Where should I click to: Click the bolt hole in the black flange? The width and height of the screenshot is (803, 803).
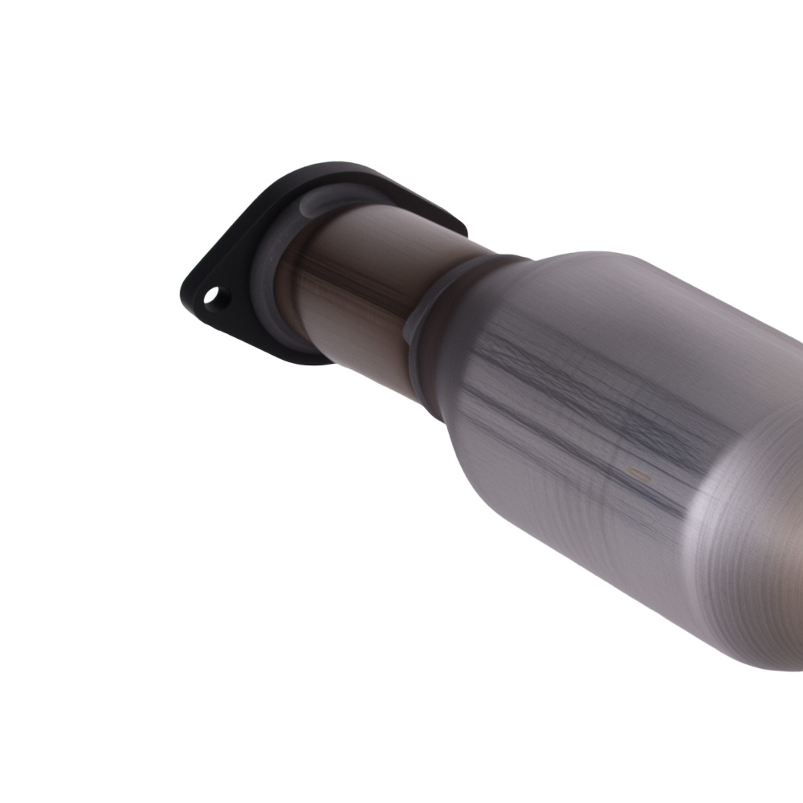213,297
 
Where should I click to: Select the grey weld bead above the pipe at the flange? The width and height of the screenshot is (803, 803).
337,198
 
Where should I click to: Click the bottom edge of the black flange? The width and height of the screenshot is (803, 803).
297,357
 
